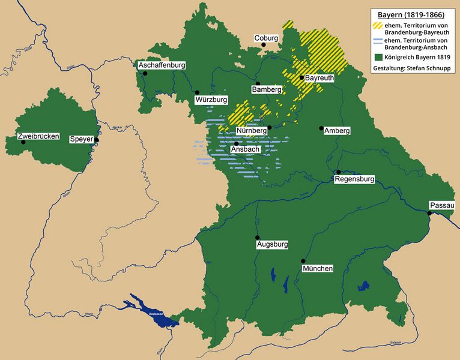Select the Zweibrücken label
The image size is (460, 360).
pos(39,136)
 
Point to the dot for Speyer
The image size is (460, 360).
pos(96,140)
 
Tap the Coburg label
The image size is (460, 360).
pos(266,38)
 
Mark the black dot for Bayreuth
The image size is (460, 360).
pos(301,77)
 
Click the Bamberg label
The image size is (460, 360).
pos(267,89)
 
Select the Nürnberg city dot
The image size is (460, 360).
pos(270,127)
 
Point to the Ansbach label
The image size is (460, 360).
pos(245,149)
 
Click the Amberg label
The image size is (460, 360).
pos(337,131)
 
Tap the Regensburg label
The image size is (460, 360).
pos(354,179)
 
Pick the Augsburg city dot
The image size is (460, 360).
pos(258,237)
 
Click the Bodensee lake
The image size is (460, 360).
pos(155,314)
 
